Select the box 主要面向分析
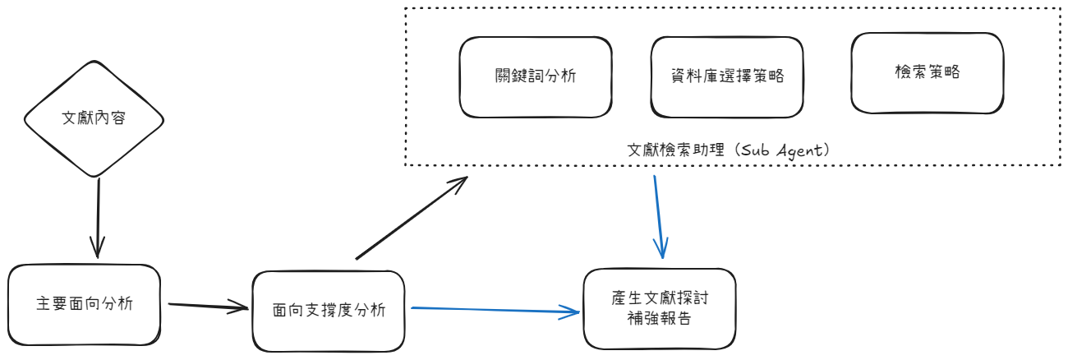[85, 304]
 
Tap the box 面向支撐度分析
[328, 311]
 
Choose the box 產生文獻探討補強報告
[659, 309]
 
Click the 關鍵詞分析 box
[536, 76]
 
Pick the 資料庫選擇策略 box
[726, 76]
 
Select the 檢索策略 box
[927, 72]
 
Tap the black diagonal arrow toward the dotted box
[411, 218]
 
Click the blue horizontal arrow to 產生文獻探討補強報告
[493, 310]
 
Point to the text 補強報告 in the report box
[659, 319]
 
